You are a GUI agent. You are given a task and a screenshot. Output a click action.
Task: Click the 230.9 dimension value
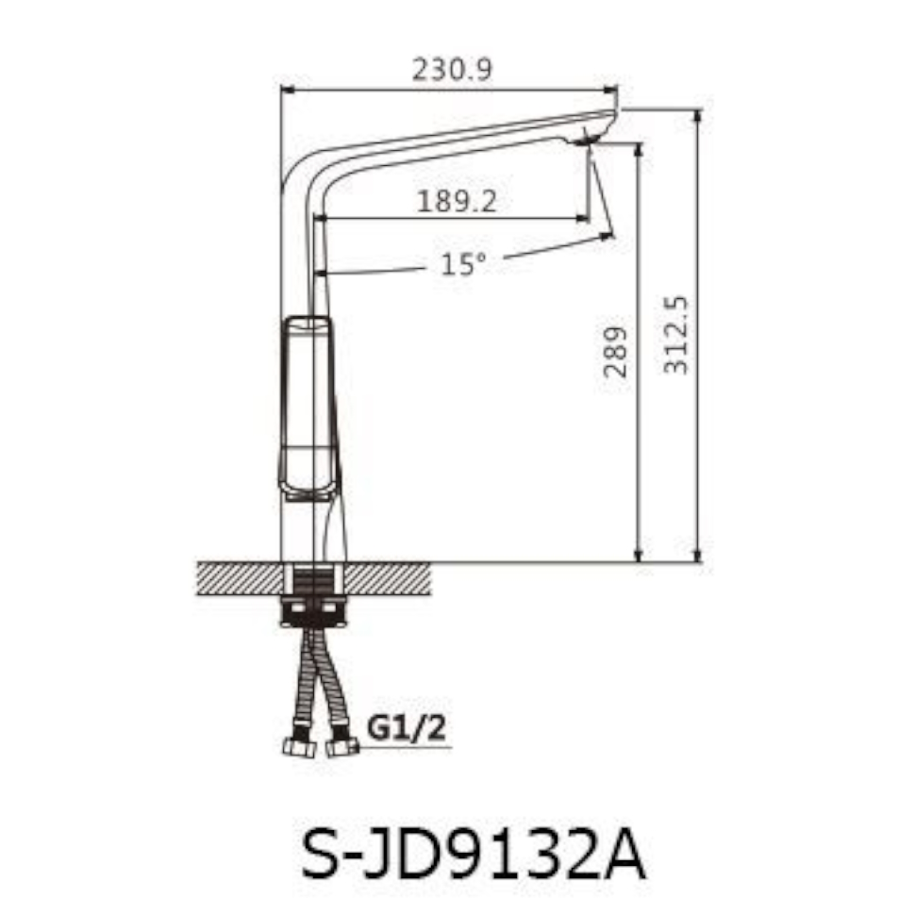point(452,70)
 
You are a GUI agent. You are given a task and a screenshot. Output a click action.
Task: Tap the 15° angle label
point(462,264)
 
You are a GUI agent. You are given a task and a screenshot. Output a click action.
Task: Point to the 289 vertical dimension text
point(616,352)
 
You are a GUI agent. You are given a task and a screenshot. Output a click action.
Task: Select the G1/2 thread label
point(406,728)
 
